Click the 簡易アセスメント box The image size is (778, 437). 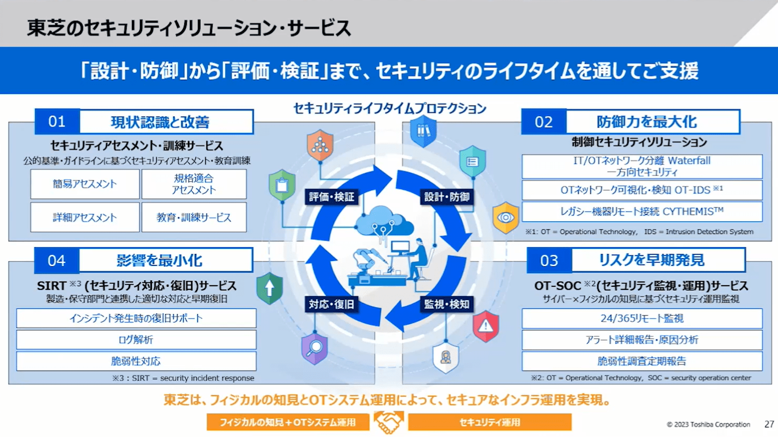(85, 184)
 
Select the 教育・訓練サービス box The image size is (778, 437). (194, 217)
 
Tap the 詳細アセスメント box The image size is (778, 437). (85, 217)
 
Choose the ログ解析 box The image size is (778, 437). (136, 340)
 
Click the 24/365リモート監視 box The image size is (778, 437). (642, 318)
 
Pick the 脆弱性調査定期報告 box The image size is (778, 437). (642, 361)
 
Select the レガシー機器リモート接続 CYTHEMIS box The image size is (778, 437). (642, 211)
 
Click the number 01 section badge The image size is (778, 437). (57, 122)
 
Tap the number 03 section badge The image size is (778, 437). (549, 261)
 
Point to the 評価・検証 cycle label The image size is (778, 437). (332, 197)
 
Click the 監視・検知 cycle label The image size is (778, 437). (446, 304)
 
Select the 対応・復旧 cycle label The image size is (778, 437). (332, 304)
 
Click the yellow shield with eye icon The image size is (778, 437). (506, 217)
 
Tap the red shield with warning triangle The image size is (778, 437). (486, 326)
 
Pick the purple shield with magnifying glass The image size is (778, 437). (314, 348)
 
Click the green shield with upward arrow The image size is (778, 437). (270, 288)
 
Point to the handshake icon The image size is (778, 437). (388, 422)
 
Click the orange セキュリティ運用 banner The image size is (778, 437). (489, 422)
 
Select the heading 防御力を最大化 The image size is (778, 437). (647, 122)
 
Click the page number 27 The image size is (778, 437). (769, 424)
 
